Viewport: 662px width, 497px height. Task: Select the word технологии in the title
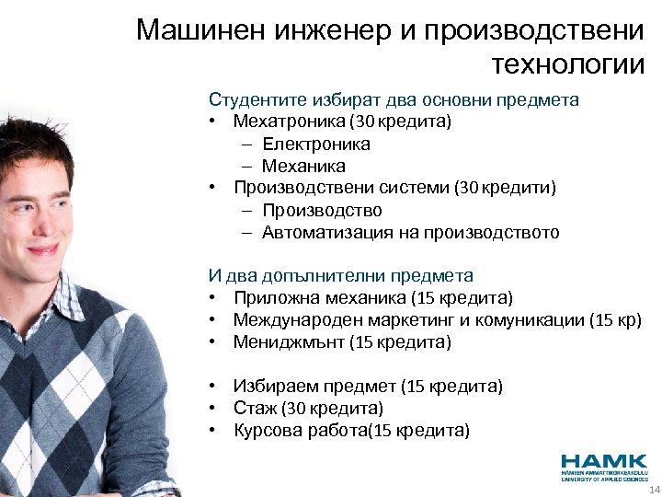click(x=569, y=64)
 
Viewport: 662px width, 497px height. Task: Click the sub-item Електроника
click(x=315, y=144)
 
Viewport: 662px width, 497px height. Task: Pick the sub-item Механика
click(x=303, y=166)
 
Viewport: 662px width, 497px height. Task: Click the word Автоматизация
click(x=327, y=233)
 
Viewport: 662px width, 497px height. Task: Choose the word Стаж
click(x=253, y=408)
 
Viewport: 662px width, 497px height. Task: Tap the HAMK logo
click(x=604, y=464)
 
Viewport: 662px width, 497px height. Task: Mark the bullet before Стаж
click(x=212, y=408)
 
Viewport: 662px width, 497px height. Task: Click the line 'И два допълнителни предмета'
click(x=341, y=275)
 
